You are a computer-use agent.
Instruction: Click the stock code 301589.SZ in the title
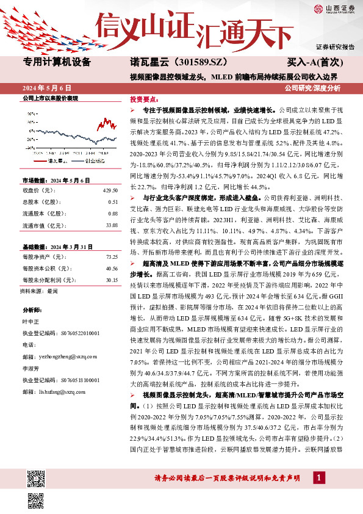tap(197, 62)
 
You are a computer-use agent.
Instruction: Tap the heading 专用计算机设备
tap(57, 62)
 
